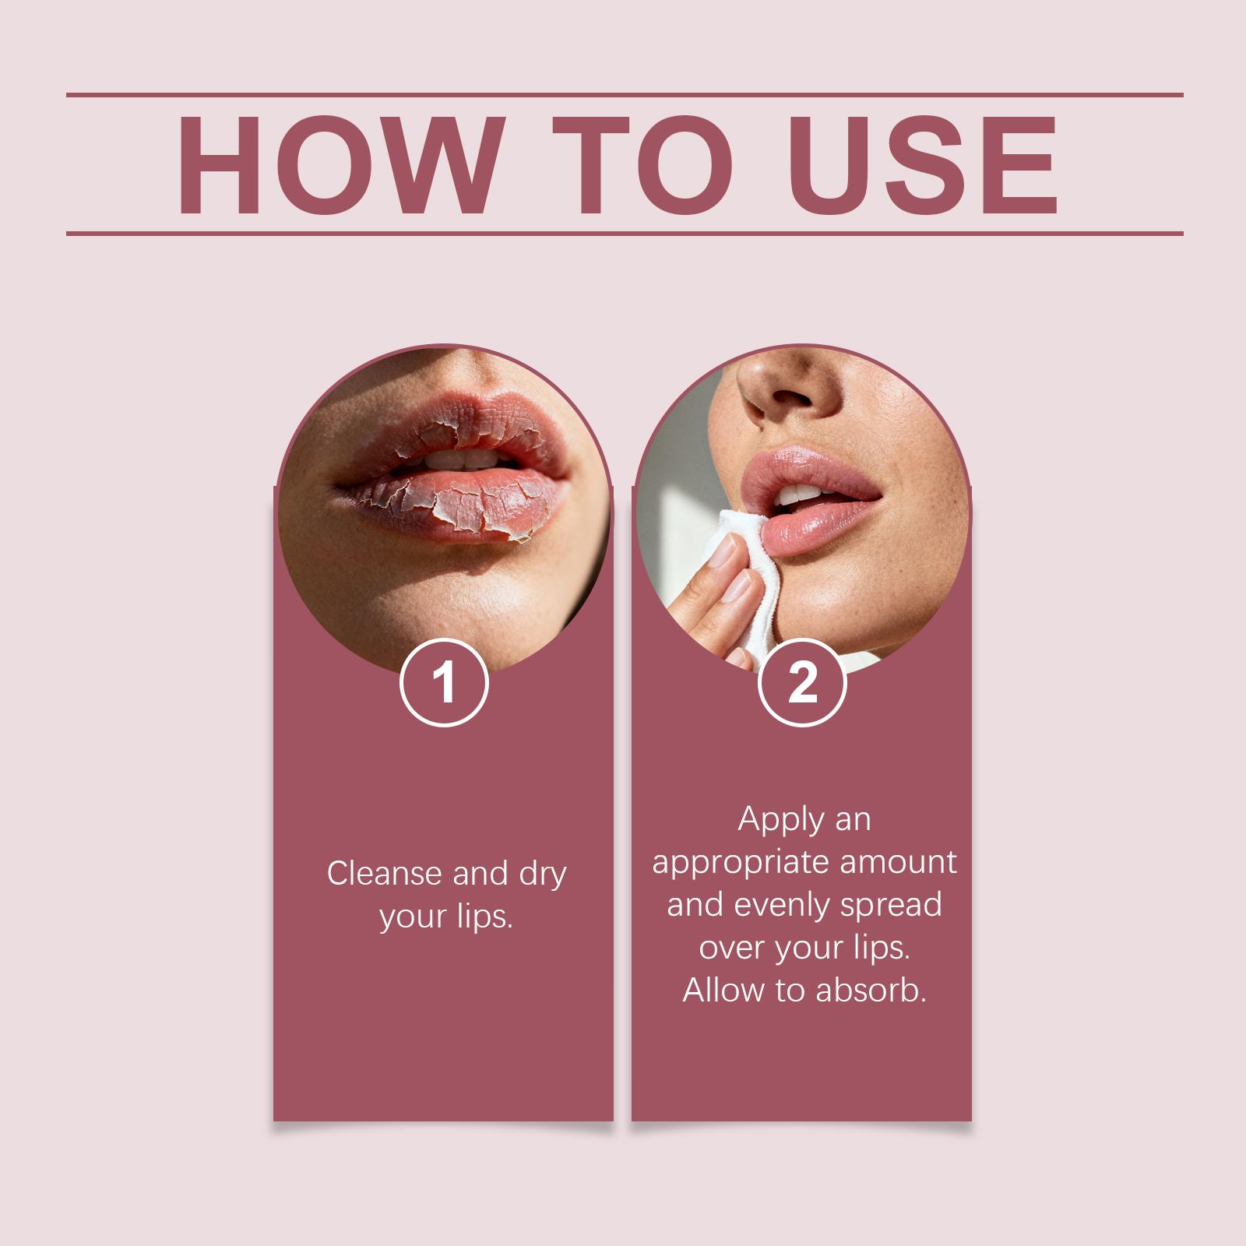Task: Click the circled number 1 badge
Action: [x=444, y=683]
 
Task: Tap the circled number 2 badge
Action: [x=802, y=683]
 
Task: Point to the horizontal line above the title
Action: [x=625, y=95]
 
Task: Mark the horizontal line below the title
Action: [x=625, y=233]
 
